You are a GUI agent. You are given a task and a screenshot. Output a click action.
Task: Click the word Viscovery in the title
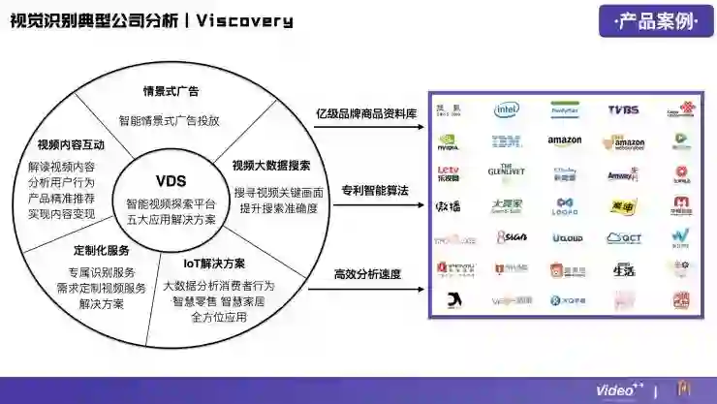[244, 20]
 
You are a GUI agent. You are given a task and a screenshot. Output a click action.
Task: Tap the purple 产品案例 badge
[656, 20]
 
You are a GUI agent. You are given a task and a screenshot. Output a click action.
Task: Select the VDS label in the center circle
[171, 181]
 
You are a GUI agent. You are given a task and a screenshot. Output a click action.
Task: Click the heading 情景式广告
[171, 92]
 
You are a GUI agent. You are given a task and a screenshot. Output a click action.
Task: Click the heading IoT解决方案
[214, 264]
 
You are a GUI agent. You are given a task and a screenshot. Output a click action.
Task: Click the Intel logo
[507, 110]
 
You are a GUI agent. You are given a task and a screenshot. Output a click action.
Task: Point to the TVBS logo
[623, 110]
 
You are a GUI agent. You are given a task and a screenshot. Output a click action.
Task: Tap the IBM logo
[507, 142]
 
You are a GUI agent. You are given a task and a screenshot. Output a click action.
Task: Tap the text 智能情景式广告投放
[170, 120]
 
